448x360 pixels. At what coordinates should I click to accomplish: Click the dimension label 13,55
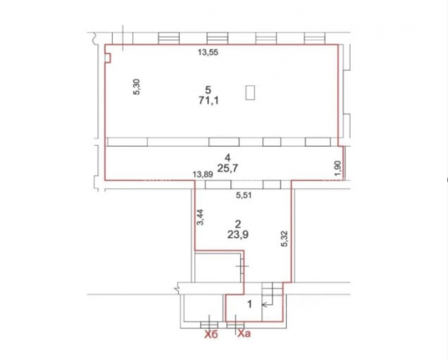[208, 52]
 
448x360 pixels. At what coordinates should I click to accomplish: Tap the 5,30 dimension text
[137, 87]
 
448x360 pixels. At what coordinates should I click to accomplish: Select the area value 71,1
[208, 100]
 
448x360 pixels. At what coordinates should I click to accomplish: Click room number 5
[208, 90]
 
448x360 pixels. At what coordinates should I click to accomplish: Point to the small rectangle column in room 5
[250, 92]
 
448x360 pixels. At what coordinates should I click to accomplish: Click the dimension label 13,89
[203, 174]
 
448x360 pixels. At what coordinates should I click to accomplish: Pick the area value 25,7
[228, 168]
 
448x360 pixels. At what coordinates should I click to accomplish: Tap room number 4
[228, 157]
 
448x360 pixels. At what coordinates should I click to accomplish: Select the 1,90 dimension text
[337, 169]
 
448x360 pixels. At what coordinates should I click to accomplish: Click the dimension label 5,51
[243, 195]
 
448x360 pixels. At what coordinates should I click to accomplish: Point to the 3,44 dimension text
[201, 217]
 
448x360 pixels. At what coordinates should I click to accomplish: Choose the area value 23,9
[238, 234]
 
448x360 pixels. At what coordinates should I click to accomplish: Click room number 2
[238, 224]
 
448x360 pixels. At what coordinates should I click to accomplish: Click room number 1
[250, 304]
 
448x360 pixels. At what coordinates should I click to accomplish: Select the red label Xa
[244, 333]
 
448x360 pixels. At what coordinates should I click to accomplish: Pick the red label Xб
[211, 334]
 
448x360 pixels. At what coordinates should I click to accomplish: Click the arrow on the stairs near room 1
[267, 305]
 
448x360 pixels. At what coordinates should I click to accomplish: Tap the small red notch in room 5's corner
[107, 58]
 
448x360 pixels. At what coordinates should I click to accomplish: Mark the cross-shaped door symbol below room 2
[242, 266]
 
